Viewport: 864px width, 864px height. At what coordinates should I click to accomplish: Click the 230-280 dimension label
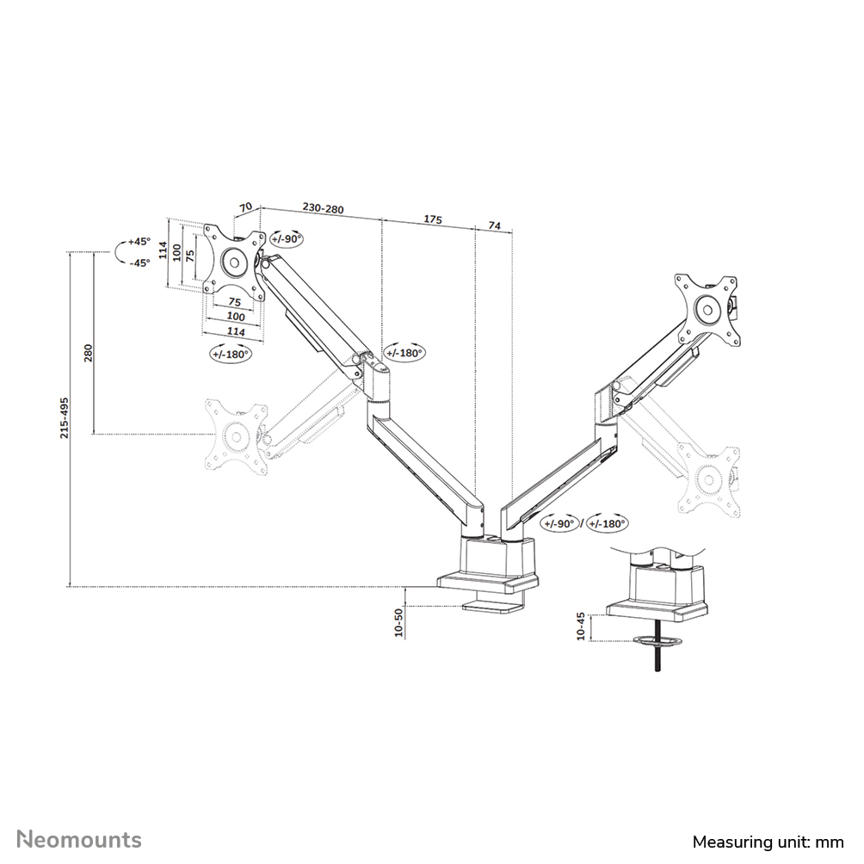pos(323,209)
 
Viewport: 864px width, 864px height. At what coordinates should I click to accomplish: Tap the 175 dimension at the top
pos(433,220)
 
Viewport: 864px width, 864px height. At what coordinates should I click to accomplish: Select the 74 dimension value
pos(494,225)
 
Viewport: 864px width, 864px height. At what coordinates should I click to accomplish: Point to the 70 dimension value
pos(245,207)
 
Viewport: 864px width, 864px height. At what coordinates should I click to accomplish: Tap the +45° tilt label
pos(139,242)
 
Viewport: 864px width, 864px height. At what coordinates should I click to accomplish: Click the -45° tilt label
pos(139,262)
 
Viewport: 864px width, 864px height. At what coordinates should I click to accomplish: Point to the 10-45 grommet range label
pos(581,625)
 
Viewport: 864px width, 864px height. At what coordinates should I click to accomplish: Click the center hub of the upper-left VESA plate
pos(232,261)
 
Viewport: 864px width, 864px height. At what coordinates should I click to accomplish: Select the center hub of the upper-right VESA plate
pos(707,308)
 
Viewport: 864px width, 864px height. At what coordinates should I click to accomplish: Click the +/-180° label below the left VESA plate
pos(230,353)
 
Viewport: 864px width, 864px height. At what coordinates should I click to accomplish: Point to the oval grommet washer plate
pos(656,640)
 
